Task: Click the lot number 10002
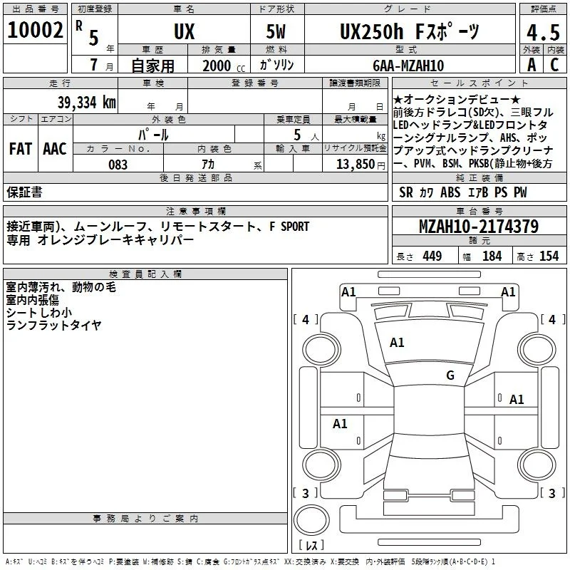point(35,30)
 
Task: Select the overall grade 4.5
point(543,32)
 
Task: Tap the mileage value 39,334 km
point(86,103)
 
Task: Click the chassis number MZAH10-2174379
point(479,226)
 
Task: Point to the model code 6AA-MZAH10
point(408,66)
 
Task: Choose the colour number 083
point(118,165)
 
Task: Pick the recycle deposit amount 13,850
point(356,165)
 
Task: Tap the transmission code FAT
point(21,149)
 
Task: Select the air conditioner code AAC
point(55,149)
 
